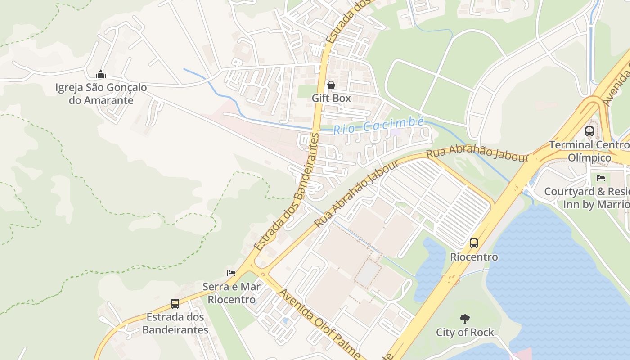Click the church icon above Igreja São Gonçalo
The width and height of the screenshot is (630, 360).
tap(101, 74)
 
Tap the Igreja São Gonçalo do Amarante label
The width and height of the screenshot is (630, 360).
tap(101, 94)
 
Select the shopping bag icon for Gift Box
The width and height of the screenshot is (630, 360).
tap(331, 85)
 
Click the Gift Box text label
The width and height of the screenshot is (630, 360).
tap(331, 98)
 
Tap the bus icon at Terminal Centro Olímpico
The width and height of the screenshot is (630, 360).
tap(589, 131)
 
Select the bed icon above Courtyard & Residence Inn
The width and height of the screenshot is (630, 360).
tap(601, 178)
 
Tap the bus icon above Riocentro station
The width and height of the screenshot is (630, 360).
tap(474, 243)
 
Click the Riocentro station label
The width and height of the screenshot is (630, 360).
tap(474, 257)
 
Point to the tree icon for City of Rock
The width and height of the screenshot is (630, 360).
tap(465, 319)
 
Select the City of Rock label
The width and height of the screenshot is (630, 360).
tap(465, 333)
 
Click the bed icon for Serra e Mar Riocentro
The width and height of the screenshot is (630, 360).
tap(231, 273)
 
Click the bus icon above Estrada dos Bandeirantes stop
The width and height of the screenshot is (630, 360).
tap(175, 304)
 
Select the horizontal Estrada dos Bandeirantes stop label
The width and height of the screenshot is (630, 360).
tap(175, 323)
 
